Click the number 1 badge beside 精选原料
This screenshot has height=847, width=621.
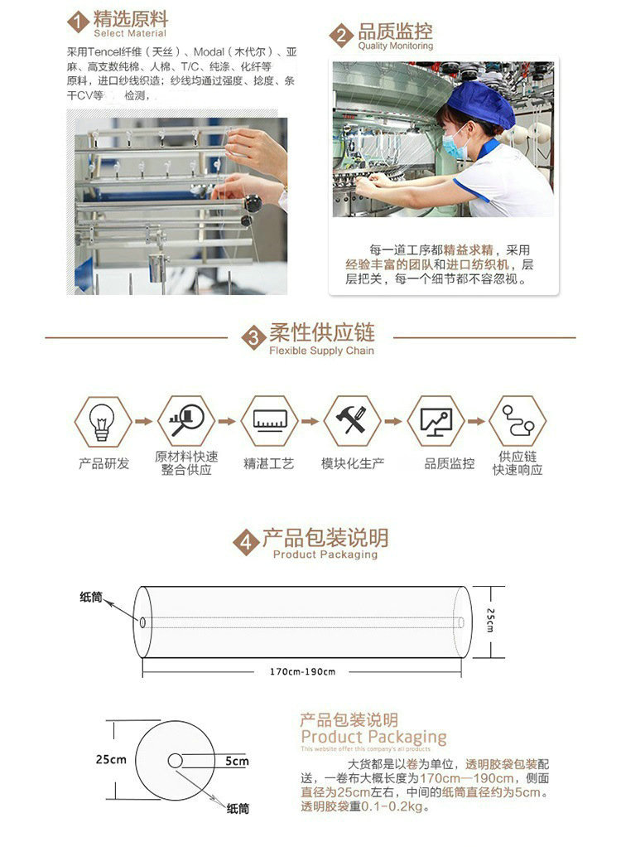[x=78, y=22]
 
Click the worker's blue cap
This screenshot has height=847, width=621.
[x=479, y=104]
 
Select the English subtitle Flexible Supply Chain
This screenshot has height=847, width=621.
[x=321, y=351]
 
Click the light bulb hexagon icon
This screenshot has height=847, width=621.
[x=103, y=422]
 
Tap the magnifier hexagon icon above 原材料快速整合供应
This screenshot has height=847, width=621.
[x=186, y=422]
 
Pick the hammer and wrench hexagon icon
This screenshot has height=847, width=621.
[x=352, y=422]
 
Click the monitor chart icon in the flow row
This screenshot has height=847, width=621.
[x=436, y=422]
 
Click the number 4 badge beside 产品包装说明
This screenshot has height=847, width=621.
[x=246, y=544]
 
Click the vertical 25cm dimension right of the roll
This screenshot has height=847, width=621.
[x=489, y=620]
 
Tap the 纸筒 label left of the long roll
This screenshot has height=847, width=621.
[x=91, y=597]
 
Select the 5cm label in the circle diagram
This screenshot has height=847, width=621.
[x=236, y=761]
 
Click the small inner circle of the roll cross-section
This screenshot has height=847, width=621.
[x=176, y=761]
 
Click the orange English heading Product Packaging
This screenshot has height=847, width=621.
[x=373, y=737]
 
